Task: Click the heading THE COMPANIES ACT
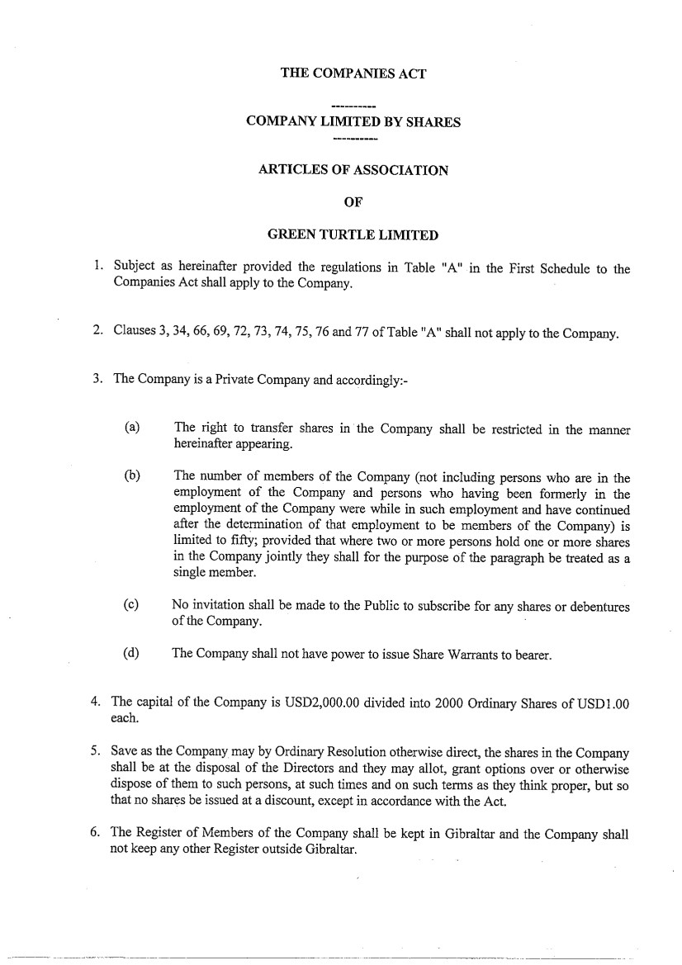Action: (353, 73)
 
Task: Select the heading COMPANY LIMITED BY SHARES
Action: (353, 122)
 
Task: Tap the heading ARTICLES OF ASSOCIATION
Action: (353, 170)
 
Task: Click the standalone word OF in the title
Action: (353, 202)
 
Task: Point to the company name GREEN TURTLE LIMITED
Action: (353, 234)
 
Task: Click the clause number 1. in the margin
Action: (97, 267)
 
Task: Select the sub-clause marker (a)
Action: (131, 428)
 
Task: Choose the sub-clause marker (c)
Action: (130, 606)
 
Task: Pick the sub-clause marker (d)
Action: (130, 655)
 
